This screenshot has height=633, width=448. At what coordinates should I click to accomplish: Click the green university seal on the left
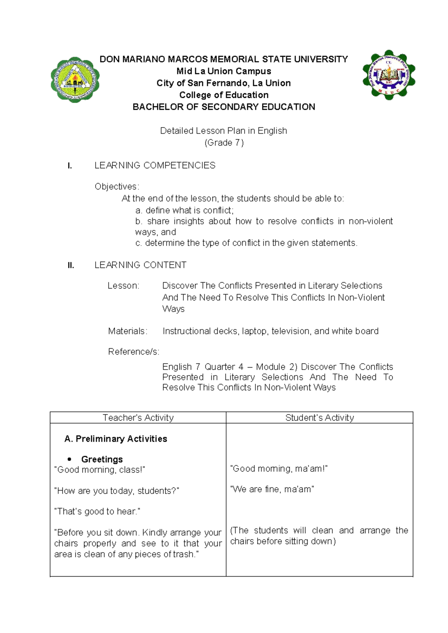(75, 80)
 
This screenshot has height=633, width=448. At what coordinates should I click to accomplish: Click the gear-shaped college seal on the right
(389, 75)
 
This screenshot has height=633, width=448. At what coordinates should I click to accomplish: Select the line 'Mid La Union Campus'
(224, 71)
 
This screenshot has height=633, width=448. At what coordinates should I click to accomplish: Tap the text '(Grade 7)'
(224, 143)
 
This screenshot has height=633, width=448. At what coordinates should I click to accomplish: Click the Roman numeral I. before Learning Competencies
(69, 166)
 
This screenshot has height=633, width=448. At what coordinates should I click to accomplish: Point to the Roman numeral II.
(71, 266)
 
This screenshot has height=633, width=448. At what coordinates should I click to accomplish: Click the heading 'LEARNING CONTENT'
(140, 265)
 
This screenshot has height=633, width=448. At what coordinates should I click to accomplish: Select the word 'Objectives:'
(117, 187)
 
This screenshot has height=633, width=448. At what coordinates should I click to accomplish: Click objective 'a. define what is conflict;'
(184, 210)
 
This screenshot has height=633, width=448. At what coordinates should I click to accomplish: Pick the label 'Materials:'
(128, 331)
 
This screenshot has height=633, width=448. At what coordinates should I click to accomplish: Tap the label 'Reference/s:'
(134, 352)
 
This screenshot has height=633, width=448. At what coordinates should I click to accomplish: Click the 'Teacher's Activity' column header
(138, 418)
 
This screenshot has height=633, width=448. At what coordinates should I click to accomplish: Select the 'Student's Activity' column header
(320, 418)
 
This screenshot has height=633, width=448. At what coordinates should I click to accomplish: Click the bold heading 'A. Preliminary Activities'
(116, 439)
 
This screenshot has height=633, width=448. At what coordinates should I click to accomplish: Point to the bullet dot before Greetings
(69, 459)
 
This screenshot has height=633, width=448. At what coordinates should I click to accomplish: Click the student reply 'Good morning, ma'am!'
(279, 469)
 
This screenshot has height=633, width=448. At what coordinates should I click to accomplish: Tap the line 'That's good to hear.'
(97, 511)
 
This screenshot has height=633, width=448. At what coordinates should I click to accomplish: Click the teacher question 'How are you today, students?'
(116, 491)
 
